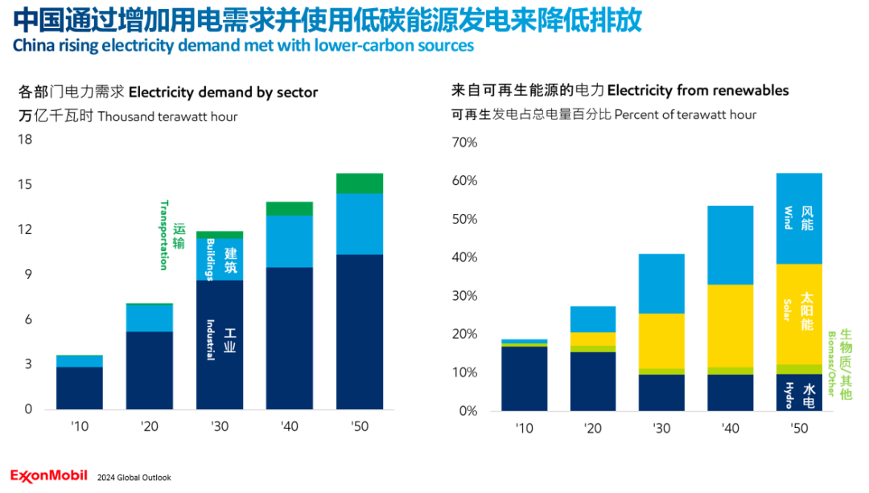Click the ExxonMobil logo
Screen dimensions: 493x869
coord(50,476)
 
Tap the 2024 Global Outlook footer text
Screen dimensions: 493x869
coord(134,478)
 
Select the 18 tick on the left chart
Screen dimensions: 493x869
coord(25,140)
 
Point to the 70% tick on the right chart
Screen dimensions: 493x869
coord(466,143)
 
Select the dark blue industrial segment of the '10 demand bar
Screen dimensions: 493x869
coord(79,388)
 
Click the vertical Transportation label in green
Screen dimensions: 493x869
coord(164,235)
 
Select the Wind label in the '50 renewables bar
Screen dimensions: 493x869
coord(789,218)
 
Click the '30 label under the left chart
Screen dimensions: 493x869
coord(220,426)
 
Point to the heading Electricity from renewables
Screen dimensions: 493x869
coord(698,90)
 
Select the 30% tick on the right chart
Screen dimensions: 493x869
coord(466,296)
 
